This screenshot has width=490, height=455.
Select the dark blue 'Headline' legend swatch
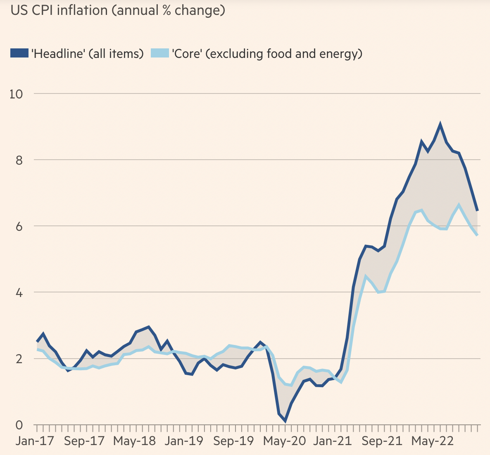coord(19,53)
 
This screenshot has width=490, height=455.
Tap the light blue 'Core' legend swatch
coord(160,53)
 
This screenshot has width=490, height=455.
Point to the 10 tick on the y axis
coord(16,94)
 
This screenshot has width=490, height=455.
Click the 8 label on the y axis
coord(19,160)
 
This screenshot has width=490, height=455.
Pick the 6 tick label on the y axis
coord(19,226)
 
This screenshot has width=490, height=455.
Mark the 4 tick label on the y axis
coord(19,292)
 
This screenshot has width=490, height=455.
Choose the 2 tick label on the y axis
coord(19,359)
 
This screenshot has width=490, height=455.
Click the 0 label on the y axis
coord(19,425)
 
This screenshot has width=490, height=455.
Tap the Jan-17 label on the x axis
coord(35,441)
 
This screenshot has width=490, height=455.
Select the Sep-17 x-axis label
coord(85,441)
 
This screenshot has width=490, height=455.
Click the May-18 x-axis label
coord(135,441)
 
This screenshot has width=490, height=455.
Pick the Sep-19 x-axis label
coord(233,441)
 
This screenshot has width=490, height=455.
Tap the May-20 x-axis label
coord(285,441)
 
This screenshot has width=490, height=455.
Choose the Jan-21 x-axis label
coord(333,441)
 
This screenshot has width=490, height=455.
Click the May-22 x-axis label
coord(433,441)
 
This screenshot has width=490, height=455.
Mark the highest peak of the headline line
coord(440,124)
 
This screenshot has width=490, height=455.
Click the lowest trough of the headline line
coord(285,421)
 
